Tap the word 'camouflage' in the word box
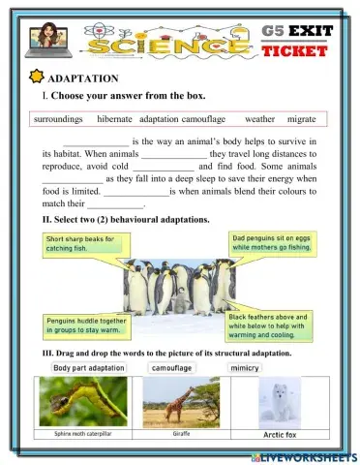point(204,119)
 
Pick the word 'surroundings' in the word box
point(59,119)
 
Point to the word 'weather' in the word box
point(259,119)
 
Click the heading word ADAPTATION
point(85,77)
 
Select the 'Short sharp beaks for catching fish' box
point(82,243)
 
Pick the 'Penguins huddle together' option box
point(86,325)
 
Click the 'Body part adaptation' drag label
point(89,368)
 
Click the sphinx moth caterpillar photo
point(83,402)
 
